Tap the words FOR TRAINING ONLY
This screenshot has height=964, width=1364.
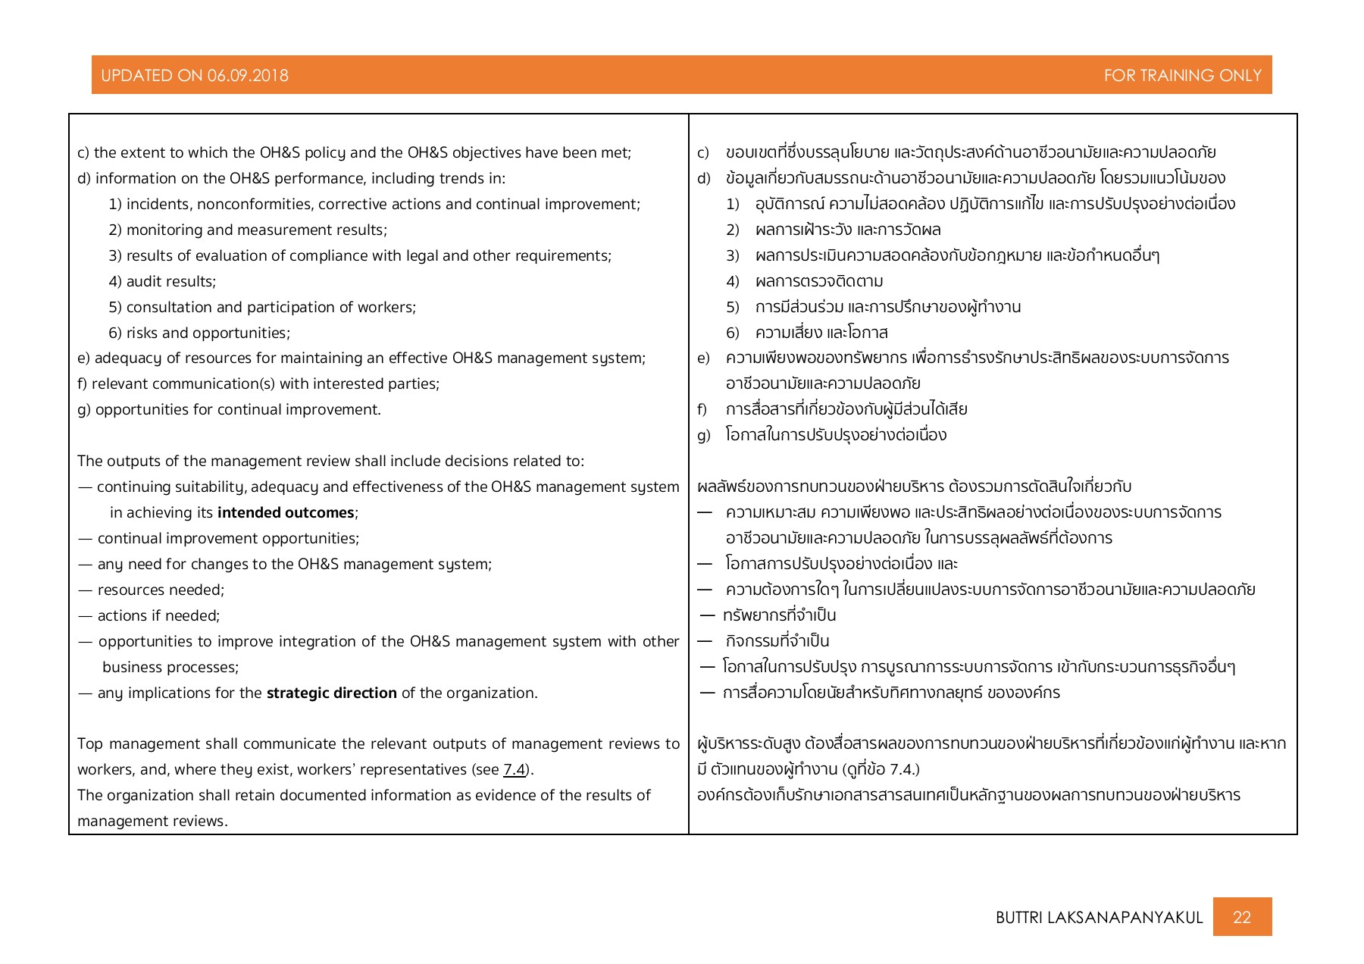[x=1182, y=76]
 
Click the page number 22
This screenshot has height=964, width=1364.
[x=1241, y=917]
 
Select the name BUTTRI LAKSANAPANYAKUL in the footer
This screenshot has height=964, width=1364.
[x=1099, y=918]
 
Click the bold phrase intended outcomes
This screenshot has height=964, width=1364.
[x=286, y=513]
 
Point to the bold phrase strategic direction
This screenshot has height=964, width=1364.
[x=331, y=693]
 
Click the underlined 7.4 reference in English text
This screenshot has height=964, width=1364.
[x=515, y=770]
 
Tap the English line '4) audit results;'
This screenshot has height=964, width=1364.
[x=162, y=282]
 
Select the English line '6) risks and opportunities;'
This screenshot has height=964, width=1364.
[x=199, y=333]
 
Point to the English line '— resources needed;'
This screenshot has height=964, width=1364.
[x=152, y=590]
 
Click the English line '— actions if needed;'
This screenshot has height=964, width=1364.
[x=149, y=616]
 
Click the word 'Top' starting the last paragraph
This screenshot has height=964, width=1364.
[x=89, y=744]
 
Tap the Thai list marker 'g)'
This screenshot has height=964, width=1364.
[x=703, y=436]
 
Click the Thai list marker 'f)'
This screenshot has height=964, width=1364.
[x=702, y=410]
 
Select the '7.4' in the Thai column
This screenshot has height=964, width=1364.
[x=902, y=770]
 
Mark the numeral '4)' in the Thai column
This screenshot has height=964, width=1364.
[x=732, y=282]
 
